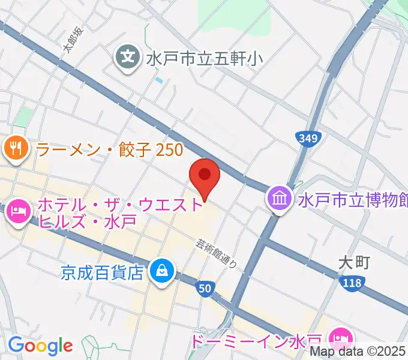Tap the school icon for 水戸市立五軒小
128,58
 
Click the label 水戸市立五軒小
204,58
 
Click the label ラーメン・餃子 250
110,149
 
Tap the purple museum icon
280,199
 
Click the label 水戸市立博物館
352,199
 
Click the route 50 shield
205,289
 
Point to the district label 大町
354,262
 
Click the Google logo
40,346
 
